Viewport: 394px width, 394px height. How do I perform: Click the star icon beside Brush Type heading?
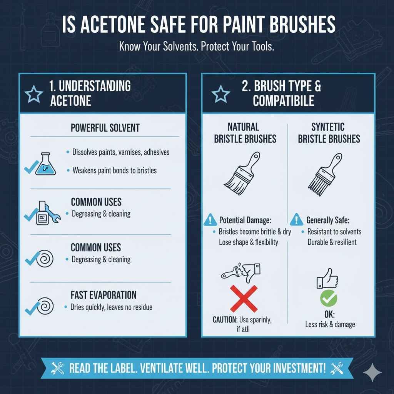tap(221, 94)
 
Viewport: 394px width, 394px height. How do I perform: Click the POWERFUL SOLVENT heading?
tap(105, 128)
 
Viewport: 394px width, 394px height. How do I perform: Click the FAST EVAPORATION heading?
tap(104, 295)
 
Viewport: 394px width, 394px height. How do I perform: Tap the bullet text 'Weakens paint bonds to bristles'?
tap(114, 170)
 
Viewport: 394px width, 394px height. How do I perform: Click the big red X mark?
tap(244, 299)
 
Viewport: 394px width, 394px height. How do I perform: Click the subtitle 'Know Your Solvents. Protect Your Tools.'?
tap(196, 47)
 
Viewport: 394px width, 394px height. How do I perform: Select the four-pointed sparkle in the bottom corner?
tap(372, 372)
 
